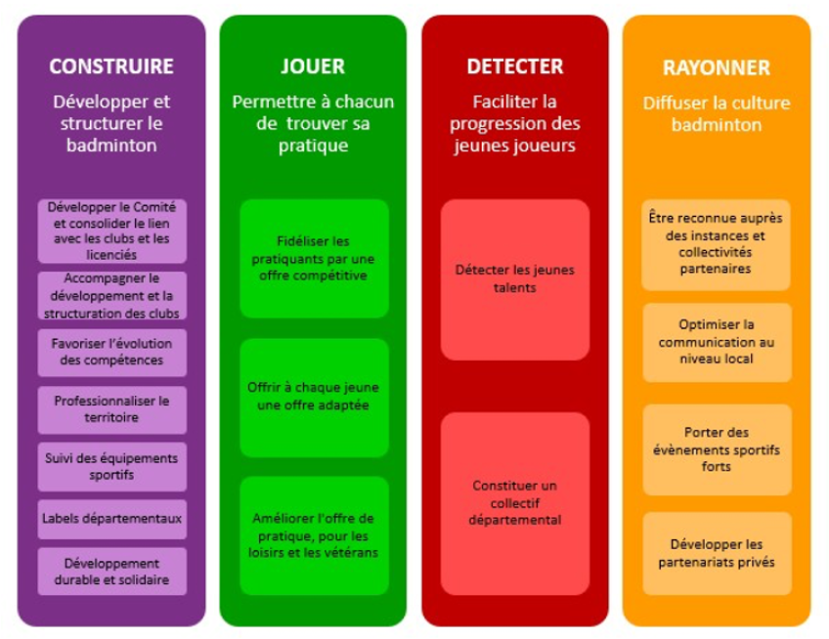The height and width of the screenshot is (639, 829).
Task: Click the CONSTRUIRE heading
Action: [111, 66]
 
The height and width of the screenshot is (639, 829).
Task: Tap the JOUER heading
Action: [313, 66]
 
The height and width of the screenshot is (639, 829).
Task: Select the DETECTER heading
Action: [515, 66]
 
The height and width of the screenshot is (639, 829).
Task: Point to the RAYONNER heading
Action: [717, 67]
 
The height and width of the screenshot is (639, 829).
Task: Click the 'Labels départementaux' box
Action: [112, 519]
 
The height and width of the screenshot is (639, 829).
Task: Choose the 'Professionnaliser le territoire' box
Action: [112, 409]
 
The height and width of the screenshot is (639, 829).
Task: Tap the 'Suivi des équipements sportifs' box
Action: [112, 467]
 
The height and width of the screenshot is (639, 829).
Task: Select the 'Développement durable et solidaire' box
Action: [112, 572]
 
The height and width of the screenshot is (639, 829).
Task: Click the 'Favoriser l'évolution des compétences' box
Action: [112, 353]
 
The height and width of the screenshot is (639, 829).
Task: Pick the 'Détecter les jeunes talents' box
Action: [515, 279]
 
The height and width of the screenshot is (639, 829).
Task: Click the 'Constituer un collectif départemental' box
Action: [515, 503]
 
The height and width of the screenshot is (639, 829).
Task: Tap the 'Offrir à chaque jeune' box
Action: [314, 398]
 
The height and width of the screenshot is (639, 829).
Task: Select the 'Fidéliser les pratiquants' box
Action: [314, 259]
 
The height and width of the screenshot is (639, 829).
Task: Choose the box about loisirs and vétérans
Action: [314, 535]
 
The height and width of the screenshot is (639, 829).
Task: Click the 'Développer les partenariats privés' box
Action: [717, 553]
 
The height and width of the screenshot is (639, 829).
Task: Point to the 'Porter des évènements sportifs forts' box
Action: [717, 449]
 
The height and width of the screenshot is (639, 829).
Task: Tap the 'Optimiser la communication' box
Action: [717, 342]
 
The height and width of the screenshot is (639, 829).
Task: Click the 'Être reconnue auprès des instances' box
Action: [716, 244]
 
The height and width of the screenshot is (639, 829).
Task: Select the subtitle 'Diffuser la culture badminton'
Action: [717, 113]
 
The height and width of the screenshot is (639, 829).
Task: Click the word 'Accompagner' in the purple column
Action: [112, 278]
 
